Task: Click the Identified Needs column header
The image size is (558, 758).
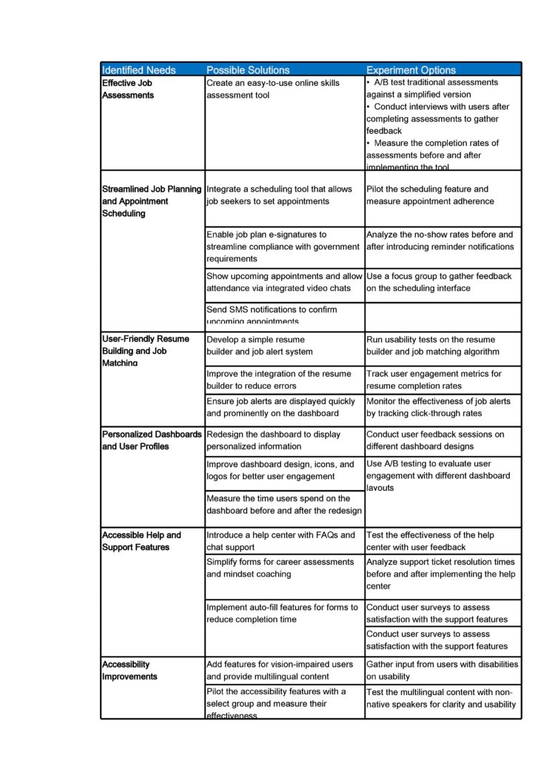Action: click(139, 70)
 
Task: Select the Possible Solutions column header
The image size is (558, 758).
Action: click(246, 70)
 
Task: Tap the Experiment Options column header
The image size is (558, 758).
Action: click(411, 70)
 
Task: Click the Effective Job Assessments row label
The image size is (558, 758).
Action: click(128, 89)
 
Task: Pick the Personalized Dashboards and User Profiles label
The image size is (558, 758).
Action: click(152, 440)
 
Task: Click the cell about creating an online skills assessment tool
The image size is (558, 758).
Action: click(273, 89)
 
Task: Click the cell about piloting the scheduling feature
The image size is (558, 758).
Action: click(430, 195)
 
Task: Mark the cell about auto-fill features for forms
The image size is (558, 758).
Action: click(282, 613)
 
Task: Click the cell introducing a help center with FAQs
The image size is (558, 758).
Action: click(280, 540)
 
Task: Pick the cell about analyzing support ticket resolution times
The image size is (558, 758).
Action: click(441, 574)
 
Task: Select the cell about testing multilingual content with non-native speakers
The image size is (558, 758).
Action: click(441, 698)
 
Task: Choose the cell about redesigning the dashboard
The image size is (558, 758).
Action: click(273, 440)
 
